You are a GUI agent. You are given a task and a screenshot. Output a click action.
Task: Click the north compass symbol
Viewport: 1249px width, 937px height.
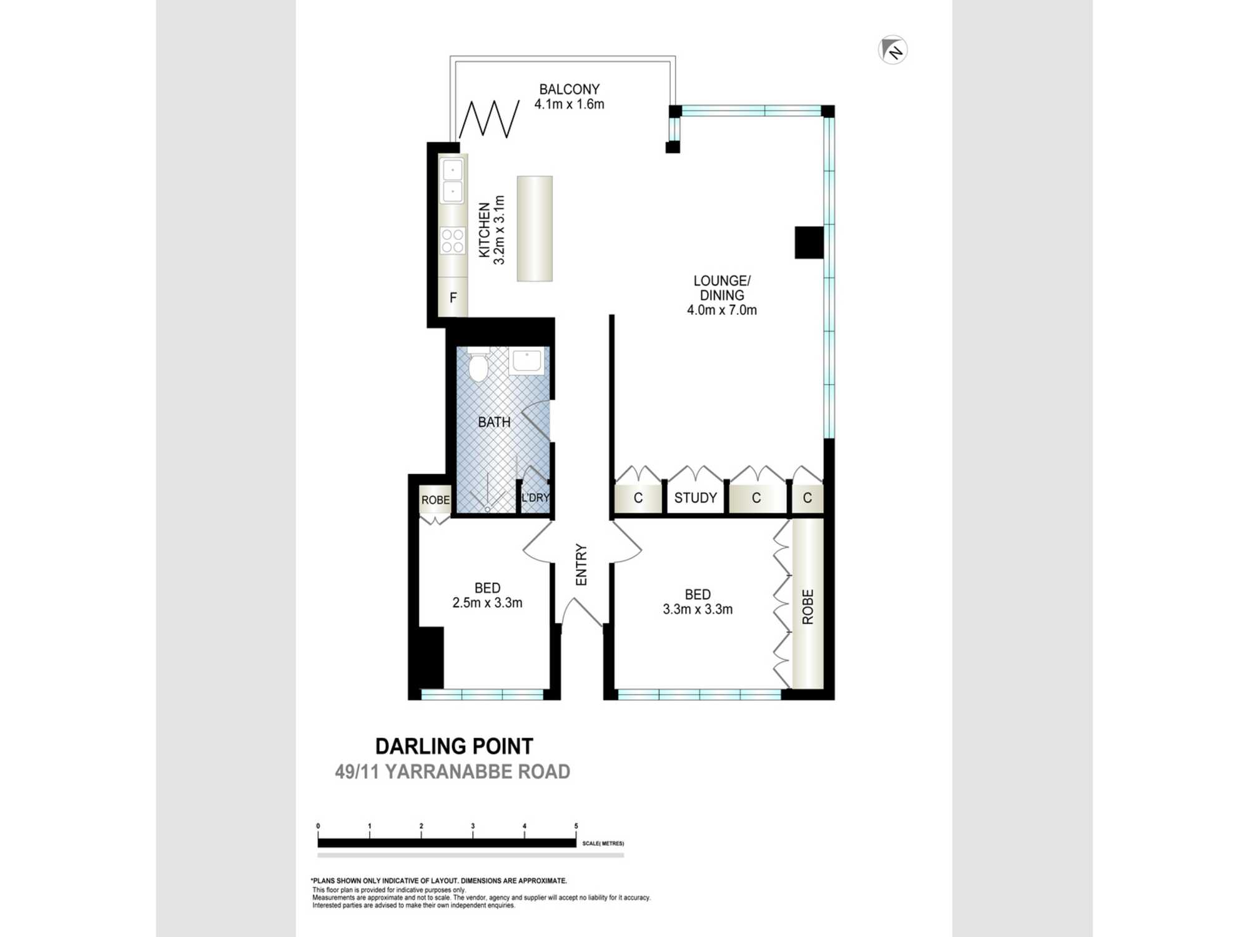(x=892, y=50)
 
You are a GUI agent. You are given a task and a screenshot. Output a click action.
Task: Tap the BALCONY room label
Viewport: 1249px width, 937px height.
(x=569, y=89)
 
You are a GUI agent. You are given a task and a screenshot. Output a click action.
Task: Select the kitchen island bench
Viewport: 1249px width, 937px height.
(x=535, y=229)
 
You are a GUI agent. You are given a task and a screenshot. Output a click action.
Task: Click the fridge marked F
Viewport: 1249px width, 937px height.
(x=453, y=297)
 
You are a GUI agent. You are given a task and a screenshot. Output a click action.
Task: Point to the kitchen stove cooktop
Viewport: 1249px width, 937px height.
(x=453, y=240)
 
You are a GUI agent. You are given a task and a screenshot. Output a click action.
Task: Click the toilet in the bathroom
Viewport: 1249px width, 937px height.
(x=478, y=365)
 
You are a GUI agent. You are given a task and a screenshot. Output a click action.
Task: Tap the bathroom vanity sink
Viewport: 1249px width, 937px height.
(x=526, y=361)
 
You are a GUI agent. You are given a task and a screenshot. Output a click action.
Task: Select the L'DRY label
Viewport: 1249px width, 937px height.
(x=535, y=498)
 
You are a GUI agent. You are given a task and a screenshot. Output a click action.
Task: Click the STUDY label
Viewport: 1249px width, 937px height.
(x=696, y=498)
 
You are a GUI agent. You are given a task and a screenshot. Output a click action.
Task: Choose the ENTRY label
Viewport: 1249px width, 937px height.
(x=581, y=565)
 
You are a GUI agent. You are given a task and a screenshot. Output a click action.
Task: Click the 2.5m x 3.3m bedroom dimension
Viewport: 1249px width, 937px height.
(x=487, y=603)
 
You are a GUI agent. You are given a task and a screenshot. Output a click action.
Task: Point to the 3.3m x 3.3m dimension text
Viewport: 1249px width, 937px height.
(x=698, y=609)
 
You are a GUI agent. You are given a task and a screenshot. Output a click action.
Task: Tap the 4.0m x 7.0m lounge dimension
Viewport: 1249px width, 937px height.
(x=722, y=310)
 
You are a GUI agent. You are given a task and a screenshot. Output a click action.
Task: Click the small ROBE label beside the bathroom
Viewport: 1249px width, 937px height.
(x=435, y=500)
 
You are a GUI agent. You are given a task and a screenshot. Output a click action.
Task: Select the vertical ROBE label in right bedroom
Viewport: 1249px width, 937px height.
(x=808, y=607)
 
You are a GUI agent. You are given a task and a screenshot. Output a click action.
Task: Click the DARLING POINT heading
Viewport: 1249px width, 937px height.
(x=454, y=746)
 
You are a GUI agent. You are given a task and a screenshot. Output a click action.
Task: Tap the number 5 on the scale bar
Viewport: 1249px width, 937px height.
(x=576, y=826)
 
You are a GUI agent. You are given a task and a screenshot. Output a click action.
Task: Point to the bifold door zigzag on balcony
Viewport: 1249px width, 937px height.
(x=490, y=119)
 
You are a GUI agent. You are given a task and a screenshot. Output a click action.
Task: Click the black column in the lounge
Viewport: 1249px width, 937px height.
(x=809, y=242)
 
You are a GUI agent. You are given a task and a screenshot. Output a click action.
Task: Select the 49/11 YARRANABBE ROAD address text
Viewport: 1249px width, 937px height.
(x=452, y=772)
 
